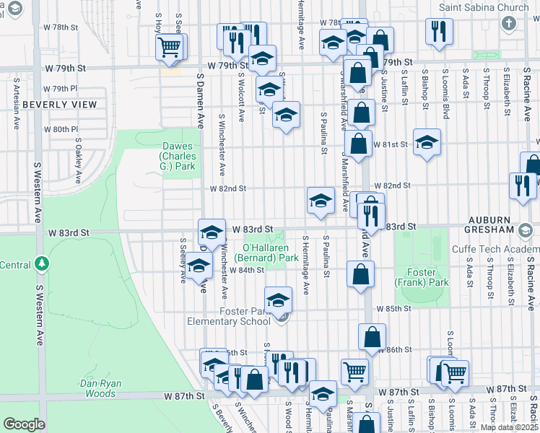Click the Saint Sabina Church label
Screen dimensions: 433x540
484,8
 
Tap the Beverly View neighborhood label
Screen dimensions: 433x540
60,105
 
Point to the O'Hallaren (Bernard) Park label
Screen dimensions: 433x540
266,253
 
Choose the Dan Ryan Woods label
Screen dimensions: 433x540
100,388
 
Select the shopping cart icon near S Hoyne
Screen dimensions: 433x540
169,48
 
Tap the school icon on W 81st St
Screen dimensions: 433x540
427,141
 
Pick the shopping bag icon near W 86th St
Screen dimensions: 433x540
372,337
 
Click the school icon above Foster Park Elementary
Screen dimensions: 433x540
278,300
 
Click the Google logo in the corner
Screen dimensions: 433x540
24,424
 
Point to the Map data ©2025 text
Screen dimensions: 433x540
509,427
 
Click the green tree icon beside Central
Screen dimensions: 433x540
43,264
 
